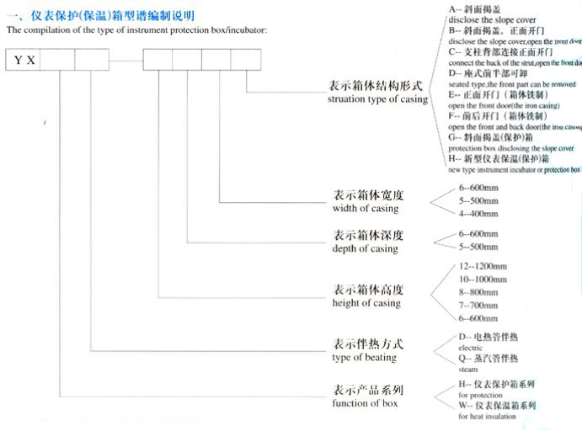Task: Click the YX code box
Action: [x=24, y=61]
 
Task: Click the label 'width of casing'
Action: [x=366, y=209]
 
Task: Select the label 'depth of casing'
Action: [x=366, y=249]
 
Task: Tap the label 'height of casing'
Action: [x=367, y=303]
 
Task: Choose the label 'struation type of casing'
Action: [x=378, y=99]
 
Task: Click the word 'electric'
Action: [x=471, y=347]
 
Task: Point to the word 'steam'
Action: [x=467, y=369]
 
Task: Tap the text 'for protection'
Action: [x=475, y=393]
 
